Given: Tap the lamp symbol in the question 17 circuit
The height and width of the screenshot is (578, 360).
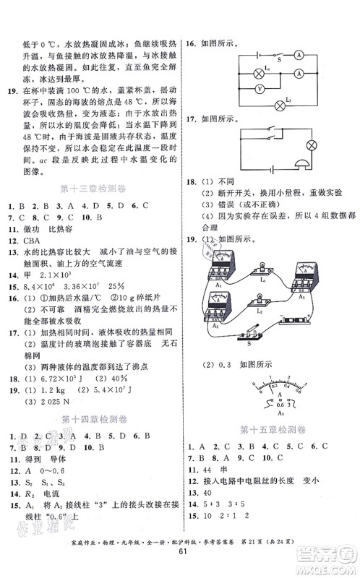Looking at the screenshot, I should coord(312,145).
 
